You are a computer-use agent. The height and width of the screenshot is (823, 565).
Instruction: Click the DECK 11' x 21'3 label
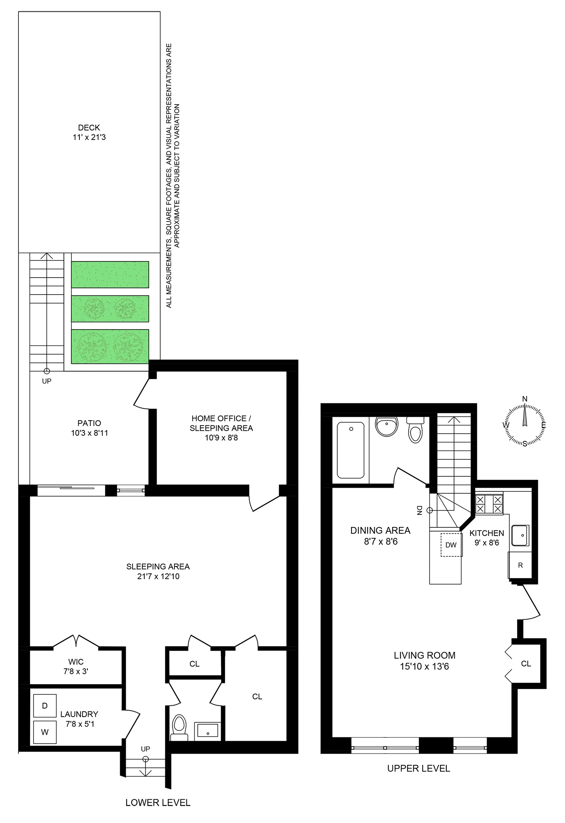[89, 132]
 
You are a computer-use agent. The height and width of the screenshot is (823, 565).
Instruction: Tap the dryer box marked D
[45, 706]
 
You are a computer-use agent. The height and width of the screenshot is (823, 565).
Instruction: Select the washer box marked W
[45, 732]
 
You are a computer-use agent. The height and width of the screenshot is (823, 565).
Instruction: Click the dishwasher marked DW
[451, 545]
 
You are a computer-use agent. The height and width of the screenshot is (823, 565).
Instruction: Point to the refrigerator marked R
[520, 565]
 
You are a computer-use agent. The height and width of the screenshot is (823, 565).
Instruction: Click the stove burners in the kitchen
[489, 505]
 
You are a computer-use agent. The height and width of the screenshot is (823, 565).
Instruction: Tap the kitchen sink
[520, 535]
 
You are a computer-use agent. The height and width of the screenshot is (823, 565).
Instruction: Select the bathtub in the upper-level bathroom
[351, 450]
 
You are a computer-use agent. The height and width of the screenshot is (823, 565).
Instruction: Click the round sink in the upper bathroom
[386, 426]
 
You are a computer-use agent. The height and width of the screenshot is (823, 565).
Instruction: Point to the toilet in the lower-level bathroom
[179, 727]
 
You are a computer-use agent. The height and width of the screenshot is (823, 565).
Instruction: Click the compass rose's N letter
[525, 399]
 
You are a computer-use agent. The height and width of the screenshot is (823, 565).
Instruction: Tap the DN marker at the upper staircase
[419, 510]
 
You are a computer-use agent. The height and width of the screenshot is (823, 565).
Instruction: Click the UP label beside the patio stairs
[47, 381]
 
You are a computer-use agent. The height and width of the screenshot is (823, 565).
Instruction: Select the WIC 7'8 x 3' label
[76, 666]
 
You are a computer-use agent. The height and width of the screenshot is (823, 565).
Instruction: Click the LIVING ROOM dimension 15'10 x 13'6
[425, 666]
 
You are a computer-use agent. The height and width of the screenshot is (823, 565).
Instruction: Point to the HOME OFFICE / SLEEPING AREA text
[221, 423]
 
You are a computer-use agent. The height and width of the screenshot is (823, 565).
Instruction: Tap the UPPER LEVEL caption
[418, 768]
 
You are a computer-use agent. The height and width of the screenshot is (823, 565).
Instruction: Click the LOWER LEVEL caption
[158, 803]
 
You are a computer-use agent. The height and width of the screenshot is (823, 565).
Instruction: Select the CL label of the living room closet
[526, 664]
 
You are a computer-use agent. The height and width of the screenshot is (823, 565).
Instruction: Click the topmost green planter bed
[110, 275]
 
